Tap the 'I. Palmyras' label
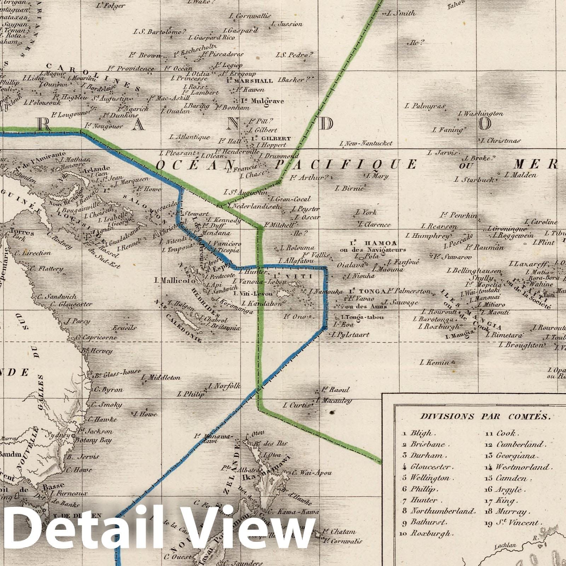[x=425, y=105]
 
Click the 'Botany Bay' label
[x=92, y=440]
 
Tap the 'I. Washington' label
[x=481, y=114]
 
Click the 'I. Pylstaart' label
[x=351, y=334]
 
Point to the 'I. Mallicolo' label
[x=175, y=281]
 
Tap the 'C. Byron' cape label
[x=108, y=390]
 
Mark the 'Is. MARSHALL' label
[x=249, y=81]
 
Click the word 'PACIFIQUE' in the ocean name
[x=346, y=164]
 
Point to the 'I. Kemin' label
[x=435, y=362]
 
